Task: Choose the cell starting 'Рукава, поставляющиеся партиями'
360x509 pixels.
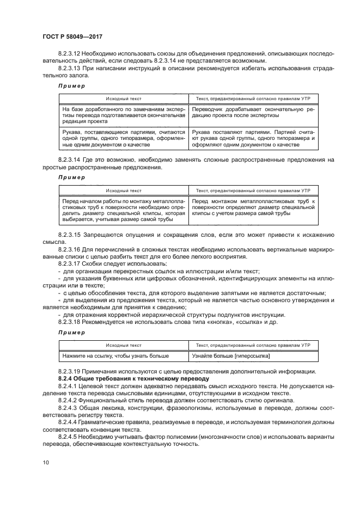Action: click(124, 138)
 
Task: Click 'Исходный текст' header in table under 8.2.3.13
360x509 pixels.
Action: click(124, 99)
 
